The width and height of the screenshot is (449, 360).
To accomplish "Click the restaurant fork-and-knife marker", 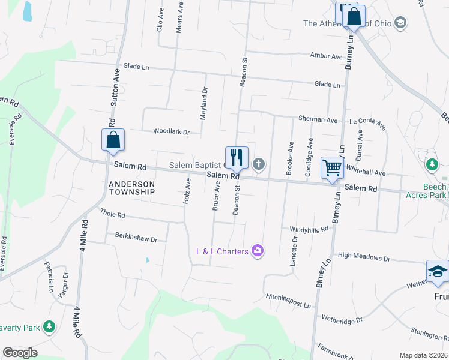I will click(x=237, y=158).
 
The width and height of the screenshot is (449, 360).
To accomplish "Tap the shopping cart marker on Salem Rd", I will click(x=331, y=167).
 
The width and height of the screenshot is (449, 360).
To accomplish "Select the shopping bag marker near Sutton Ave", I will click(x=113, y=140).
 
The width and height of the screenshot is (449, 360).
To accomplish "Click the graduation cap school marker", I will click(x=437, y=272).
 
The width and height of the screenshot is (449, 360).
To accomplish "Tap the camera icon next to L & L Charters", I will click(x=258, y=250).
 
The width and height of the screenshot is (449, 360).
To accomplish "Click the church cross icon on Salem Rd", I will click(x=259, y=163).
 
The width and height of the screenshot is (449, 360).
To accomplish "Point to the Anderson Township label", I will click(x=131, y=188).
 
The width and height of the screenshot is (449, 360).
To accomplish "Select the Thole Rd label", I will click(x=112, y=214).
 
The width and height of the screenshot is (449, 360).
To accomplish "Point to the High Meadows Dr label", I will click(x=364, y=257).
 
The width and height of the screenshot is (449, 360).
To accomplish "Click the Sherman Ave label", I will click(x=318, y=119).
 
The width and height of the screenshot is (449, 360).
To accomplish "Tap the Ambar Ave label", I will click(x=326, y=56).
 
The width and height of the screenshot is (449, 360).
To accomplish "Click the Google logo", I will click(x=20, y=353).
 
